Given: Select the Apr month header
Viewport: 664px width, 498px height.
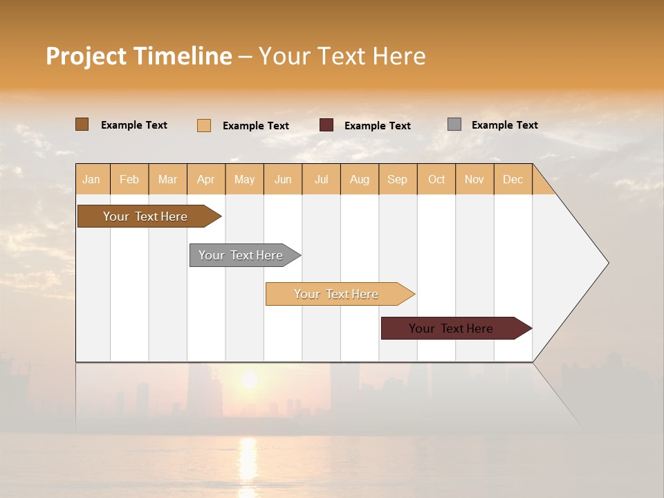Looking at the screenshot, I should pyautogui.click(x=206, y=179).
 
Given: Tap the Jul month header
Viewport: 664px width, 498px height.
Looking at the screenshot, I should pyautogui.click(x=322, y=179).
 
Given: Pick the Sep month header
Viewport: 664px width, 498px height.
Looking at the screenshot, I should pyautogui.click(x=398, y=179).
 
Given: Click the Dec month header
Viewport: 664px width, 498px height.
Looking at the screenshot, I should pyautogui.click(x=513, y=179).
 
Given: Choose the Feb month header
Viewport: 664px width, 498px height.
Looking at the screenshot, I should pyautogui.click(x=129, y=179).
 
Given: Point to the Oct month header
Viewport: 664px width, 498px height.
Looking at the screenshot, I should pyautogui.click(x=436, y=179).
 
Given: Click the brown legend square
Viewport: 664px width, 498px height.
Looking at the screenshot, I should pyautogui.click(x=82, y=124).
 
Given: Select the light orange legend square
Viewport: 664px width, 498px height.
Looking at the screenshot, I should pyautogui.click(x=204, y=125).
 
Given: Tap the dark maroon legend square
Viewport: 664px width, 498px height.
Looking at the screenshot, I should pyautogui.click(x=326, y=125).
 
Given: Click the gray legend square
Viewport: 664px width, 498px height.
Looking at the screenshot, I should pyautogui.click(x=454, y=124).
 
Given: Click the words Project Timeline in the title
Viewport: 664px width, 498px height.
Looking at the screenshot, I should pyautogui.click(x=138, y=56).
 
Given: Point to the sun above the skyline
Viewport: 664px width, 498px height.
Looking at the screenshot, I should pyautogui.click(x=249, y=380).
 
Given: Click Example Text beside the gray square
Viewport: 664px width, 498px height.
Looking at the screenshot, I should pyautogui.click(x=504, y=125).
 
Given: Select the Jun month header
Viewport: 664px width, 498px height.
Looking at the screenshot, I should pyautogui.click(x=283, y=179).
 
